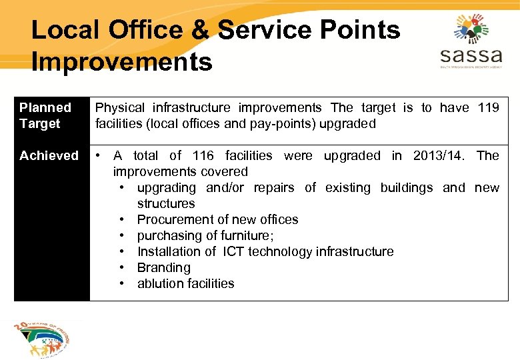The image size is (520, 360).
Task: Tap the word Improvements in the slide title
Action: (121, 62)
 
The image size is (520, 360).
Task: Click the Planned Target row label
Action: (45, 115)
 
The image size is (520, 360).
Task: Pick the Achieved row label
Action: (49, 155)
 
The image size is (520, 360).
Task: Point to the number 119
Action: (488, 107)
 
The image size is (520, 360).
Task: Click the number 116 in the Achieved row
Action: (203, 155)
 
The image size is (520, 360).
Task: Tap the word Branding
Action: (163, 267)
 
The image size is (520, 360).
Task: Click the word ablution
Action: (159, 283)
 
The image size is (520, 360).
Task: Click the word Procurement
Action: (174, 219)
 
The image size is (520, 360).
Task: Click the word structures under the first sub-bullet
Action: (166, 203)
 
